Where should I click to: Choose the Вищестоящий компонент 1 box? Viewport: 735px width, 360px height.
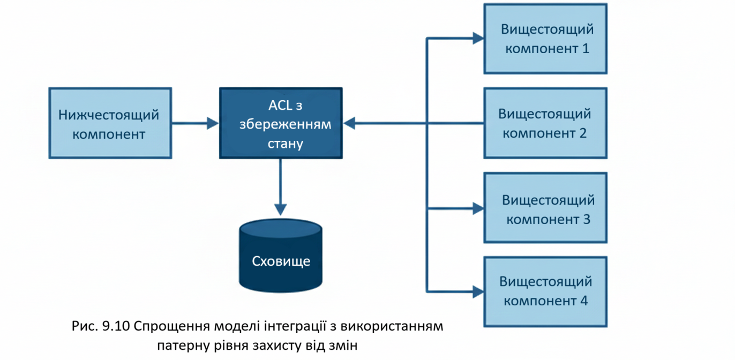click(545, 39)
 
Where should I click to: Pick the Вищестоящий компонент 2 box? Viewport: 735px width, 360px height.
click(545, 123)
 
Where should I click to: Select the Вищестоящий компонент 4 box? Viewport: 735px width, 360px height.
click(545, 291)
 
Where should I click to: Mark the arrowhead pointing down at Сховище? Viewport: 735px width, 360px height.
click(281, 209)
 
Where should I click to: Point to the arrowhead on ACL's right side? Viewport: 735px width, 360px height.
click(349, 123)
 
